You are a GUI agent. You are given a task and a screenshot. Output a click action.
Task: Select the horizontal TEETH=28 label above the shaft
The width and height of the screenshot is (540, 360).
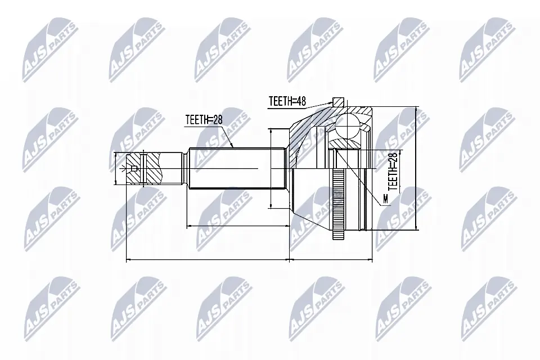[204, 119]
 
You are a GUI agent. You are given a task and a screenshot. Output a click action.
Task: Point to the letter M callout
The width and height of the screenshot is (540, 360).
[385, 199]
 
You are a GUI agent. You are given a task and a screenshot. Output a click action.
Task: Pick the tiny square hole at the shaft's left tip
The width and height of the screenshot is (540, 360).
[133, 169]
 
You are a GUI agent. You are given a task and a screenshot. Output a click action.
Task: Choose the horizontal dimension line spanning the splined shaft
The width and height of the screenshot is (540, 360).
[236, 226]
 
